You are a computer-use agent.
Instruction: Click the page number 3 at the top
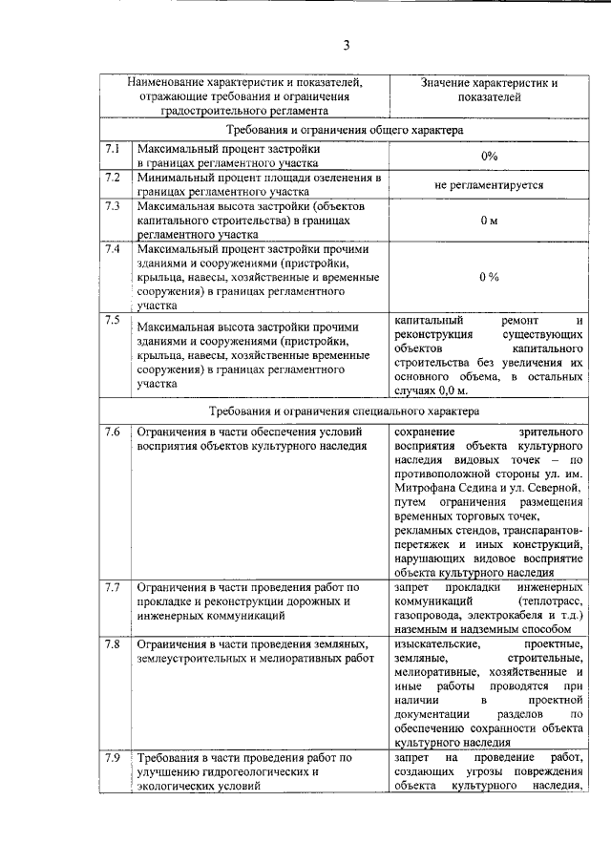(348, 45)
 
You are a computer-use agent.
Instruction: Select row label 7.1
(113, 150)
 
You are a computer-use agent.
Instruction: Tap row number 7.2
(113, 178)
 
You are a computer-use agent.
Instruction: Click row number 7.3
(113, 205)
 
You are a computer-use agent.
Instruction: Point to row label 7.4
(113, 249)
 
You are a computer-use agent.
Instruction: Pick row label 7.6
(113, 432)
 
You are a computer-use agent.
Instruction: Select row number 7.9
(113, 758)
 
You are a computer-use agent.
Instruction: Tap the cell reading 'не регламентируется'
(489, 184)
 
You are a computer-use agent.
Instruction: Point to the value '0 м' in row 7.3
(489, 220)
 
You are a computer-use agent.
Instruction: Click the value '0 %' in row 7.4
(489, 277)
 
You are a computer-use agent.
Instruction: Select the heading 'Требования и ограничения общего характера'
(345, 128)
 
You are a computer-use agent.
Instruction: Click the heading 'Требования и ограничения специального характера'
(345, 411)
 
